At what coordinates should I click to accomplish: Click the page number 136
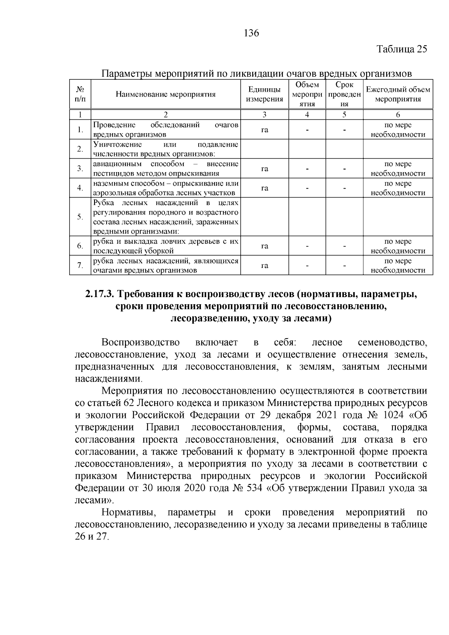251,33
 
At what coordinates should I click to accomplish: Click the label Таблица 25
401,49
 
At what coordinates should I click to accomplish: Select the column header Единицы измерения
264,94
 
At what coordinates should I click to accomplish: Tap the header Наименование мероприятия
165,94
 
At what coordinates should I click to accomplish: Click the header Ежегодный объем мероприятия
398,94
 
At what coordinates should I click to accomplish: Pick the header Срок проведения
344,94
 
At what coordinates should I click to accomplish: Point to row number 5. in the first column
80,217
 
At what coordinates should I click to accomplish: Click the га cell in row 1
264,130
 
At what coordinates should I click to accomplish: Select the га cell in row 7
264,266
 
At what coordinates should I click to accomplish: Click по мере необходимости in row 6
398,246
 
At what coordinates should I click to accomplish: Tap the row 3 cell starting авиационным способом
165,169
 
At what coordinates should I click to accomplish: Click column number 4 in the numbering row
307,115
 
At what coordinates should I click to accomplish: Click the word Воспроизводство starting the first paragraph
140,342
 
